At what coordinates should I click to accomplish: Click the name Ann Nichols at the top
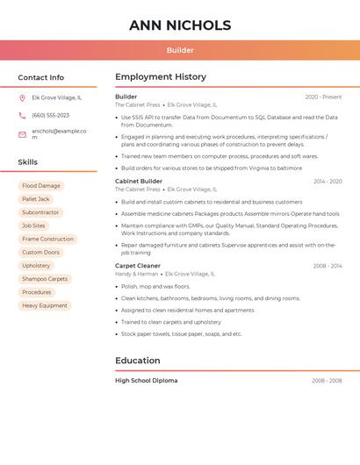coord(180,25)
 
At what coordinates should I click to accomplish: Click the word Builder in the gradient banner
coord(180,50)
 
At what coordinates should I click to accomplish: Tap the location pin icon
coord(22,98)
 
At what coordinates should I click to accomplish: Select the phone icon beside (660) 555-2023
coord(22,116)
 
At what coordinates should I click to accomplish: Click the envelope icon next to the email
coord(22,134)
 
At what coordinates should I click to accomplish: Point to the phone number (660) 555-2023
coord(50,116)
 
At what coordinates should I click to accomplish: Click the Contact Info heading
coord(40,77)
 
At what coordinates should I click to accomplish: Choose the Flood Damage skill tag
coord(41,186)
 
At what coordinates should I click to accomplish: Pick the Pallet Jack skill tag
coord(36,199)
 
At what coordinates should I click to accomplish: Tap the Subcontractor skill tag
coord(40,212)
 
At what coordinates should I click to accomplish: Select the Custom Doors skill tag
coord(40,253)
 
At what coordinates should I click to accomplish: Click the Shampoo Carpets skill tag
coord(45,279)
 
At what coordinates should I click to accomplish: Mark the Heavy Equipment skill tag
coord(45,305)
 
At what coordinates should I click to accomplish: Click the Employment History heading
coord(161,77)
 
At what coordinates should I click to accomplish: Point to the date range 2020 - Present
coord(323,97)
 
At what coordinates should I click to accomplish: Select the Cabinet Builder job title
coord(139,181)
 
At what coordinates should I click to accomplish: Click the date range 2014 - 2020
coord(328,182)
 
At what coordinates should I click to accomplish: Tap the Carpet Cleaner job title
coord(138,265)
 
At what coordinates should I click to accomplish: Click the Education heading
coord(138,361)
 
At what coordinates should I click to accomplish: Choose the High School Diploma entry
coord(146,381)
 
